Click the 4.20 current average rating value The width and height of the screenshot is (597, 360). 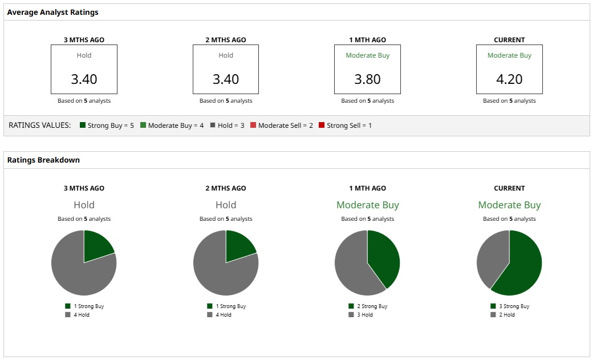coord(509,79)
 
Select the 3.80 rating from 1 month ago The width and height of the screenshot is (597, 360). coord(367,79)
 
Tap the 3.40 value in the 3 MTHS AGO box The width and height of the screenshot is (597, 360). coord(84,79)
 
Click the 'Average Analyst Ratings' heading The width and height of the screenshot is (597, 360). coord(52,12)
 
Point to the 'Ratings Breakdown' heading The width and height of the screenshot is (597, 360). coord(43,160)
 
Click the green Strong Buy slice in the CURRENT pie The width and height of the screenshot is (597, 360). coord(522,265)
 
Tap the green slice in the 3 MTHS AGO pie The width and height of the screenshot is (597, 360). coord(96,247)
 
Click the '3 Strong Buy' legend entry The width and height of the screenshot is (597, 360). coord(510,306)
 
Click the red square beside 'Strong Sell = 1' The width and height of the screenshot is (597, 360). coord(322,126)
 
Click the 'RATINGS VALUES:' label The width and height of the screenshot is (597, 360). coord(40,126)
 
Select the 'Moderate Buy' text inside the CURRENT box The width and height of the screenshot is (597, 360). coord(509,55)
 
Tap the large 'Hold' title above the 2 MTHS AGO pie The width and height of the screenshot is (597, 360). coord(226,205)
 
